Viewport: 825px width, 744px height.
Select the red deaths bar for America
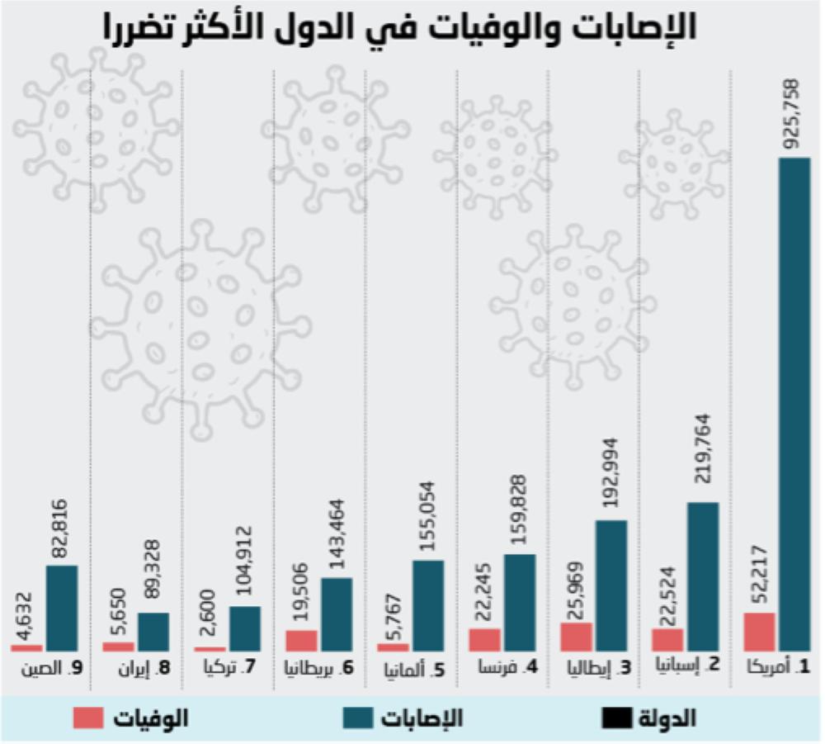[759, 633]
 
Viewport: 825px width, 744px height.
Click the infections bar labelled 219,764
[703, 577]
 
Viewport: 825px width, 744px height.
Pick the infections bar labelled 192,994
[611, 586]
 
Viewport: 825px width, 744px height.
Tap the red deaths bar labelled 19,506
[302, 641]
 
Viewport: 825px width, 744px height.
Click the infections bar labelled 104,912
[245, 629]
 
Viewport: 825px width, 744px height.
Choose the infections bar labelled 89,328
[153, 633]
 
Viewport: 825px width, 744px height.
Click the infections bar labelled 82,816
[62, 609]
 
